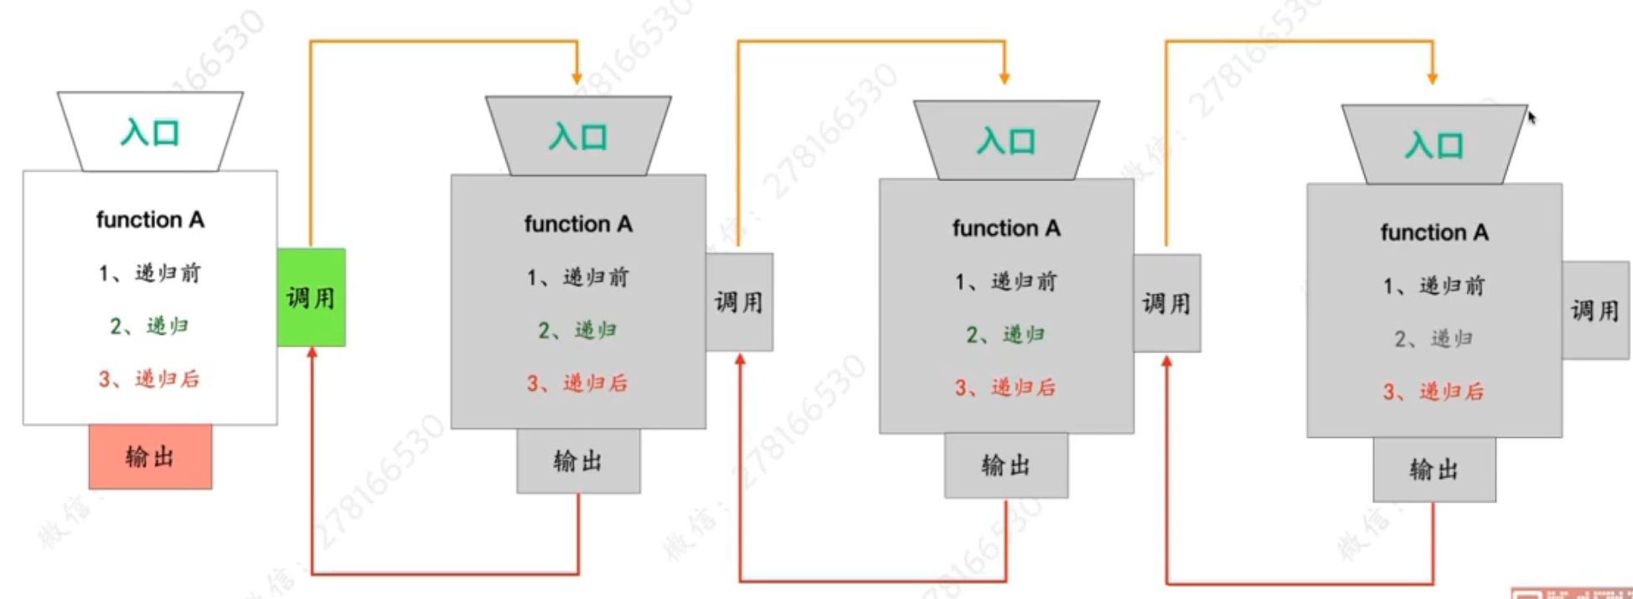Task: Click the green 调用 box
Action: [x=311, y=297]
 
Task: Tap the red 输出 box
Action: [x=150, y=456]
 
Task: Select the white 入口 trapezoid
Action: [x=150, y=132]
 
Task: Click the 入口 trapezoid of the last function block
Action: [x=1434, y=144]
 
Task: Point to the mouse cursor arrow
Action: [x=1531, y=117]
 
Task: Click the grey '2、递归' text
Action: [x=1433, y=339]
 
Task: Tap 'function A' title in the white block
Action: [x=150, y=220]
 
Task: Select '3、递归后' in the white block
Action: [x=150, y=379]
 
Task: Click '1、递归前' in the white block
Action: [x=150, y=273]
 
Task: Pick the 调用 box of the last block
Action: [x=1595, y=310]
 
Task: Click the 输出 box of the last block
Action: [x=1434, y=469]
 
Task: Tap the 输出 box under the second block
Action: [x=578, y=461]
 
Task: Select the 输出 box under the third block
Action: [x=1006, y=465]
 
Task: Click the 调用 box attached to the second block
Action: [x=739, y=302]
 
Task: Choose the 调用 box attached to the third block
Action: [x=1167, y=303]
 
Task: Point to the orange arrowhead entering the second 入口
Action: [x=577, y=78]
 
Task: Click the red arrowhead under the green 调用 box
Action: [x=312, y=353]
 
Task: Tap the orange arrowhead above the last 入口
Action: [x=1432, y=78]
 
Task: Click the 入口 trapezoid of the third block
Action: [x=1006, y=140]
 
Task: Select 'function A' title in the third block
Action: [x=1006, y=228]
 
